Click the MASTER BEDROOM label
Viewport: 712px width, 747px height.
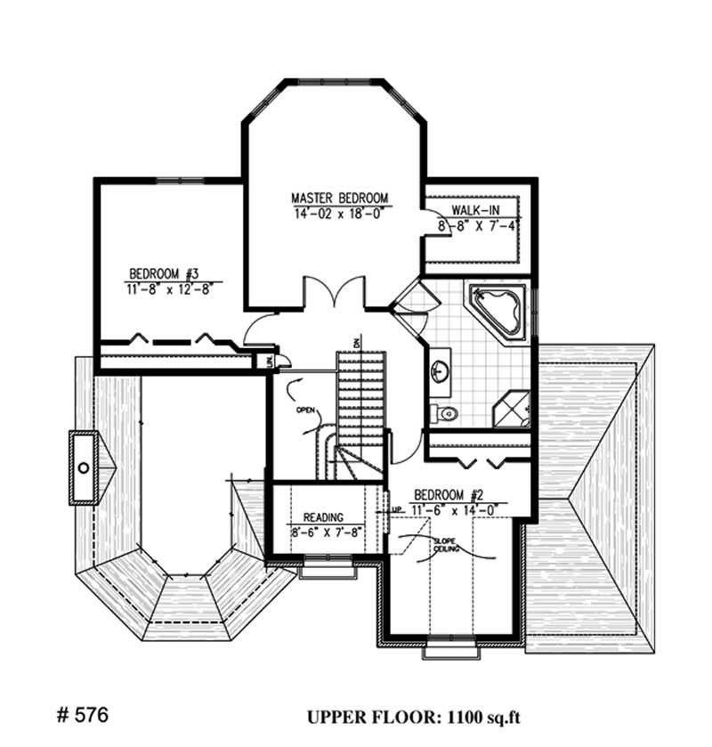[341, 197]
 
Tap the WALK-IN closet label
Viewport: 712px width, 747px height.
[475, 209]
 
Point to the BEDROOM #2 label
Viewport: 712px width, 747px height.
[448, 495]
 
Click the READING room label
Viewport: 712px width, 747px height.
[324, 516]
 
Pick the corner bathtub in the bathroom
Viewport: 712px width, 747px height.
[499, 309]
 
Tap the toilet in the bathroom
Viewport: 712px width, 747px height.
[444, 412]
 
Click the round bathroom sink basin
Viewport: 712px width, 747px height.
[440, 372]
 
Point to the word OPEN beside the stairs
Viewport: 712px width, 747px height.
[307, 411]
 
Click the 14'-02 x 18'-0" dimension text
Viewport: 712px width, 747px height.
[341, 214]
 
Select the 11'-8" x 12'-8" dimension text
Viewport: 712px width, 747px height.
[170, 288]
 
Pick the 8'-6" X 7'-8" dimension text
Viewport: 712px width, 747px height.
[324, 532]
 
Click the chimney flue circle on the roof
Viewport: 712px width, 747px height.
[84, 467]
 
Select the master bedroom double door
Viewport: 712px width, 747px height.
[334, 295]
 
